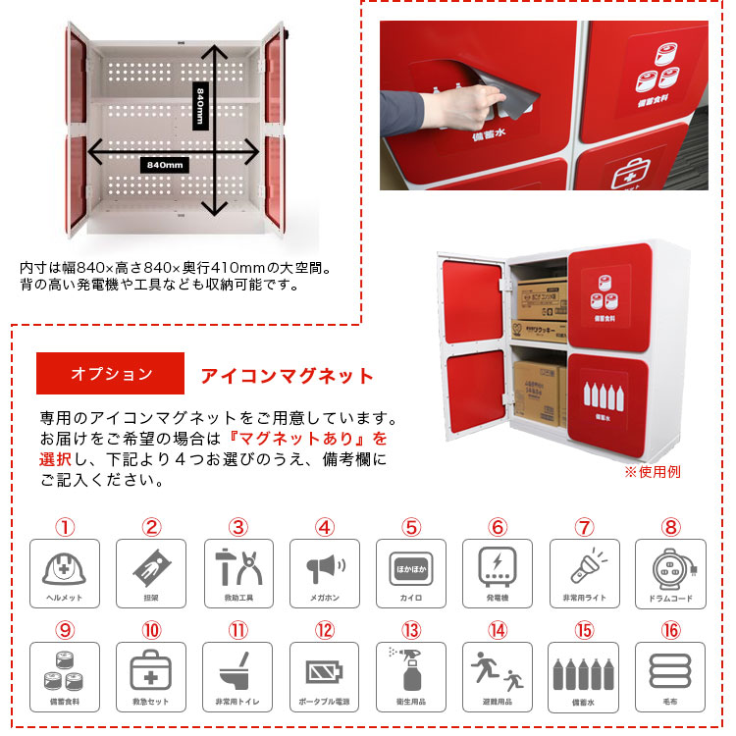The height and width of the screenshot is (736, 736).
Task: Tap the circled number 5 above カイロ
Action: (x=411, y=527)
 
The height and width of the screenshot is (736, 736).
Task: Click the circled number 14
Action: (x=498, y=630)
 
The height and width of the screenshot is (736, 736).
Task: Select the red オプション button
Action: (x=111, y=374)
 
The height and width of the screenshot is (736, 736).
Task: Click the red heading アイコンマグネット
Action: (x=288, y=376)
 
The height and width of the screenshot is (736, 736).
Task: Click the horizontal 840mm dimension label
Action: (x=163, y=165)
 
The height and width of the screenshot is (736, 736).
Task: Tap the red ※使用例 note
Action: (x=653, y=472)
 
